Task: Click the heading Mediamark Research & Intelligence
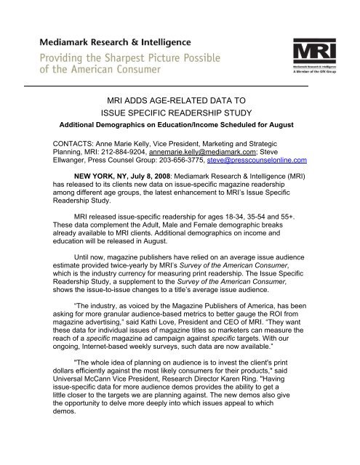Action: (117, 41)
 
